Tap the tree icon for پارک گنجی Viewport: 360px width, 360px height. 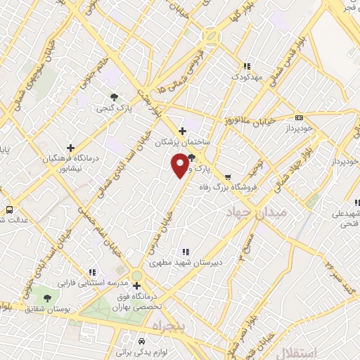point(114,97)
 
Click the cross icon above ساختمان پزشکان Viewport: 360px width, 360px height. point(182,130)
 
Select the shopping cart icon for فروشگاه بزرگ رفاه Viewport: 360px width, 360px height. point(227,176)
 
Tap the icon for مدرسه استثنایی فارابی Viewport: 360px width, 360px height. point(91,272)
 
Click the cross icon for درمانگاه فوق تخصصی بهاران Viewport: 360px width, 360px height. point(136,285)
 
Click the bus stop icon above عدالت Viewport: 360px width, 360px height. point(9,210)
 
